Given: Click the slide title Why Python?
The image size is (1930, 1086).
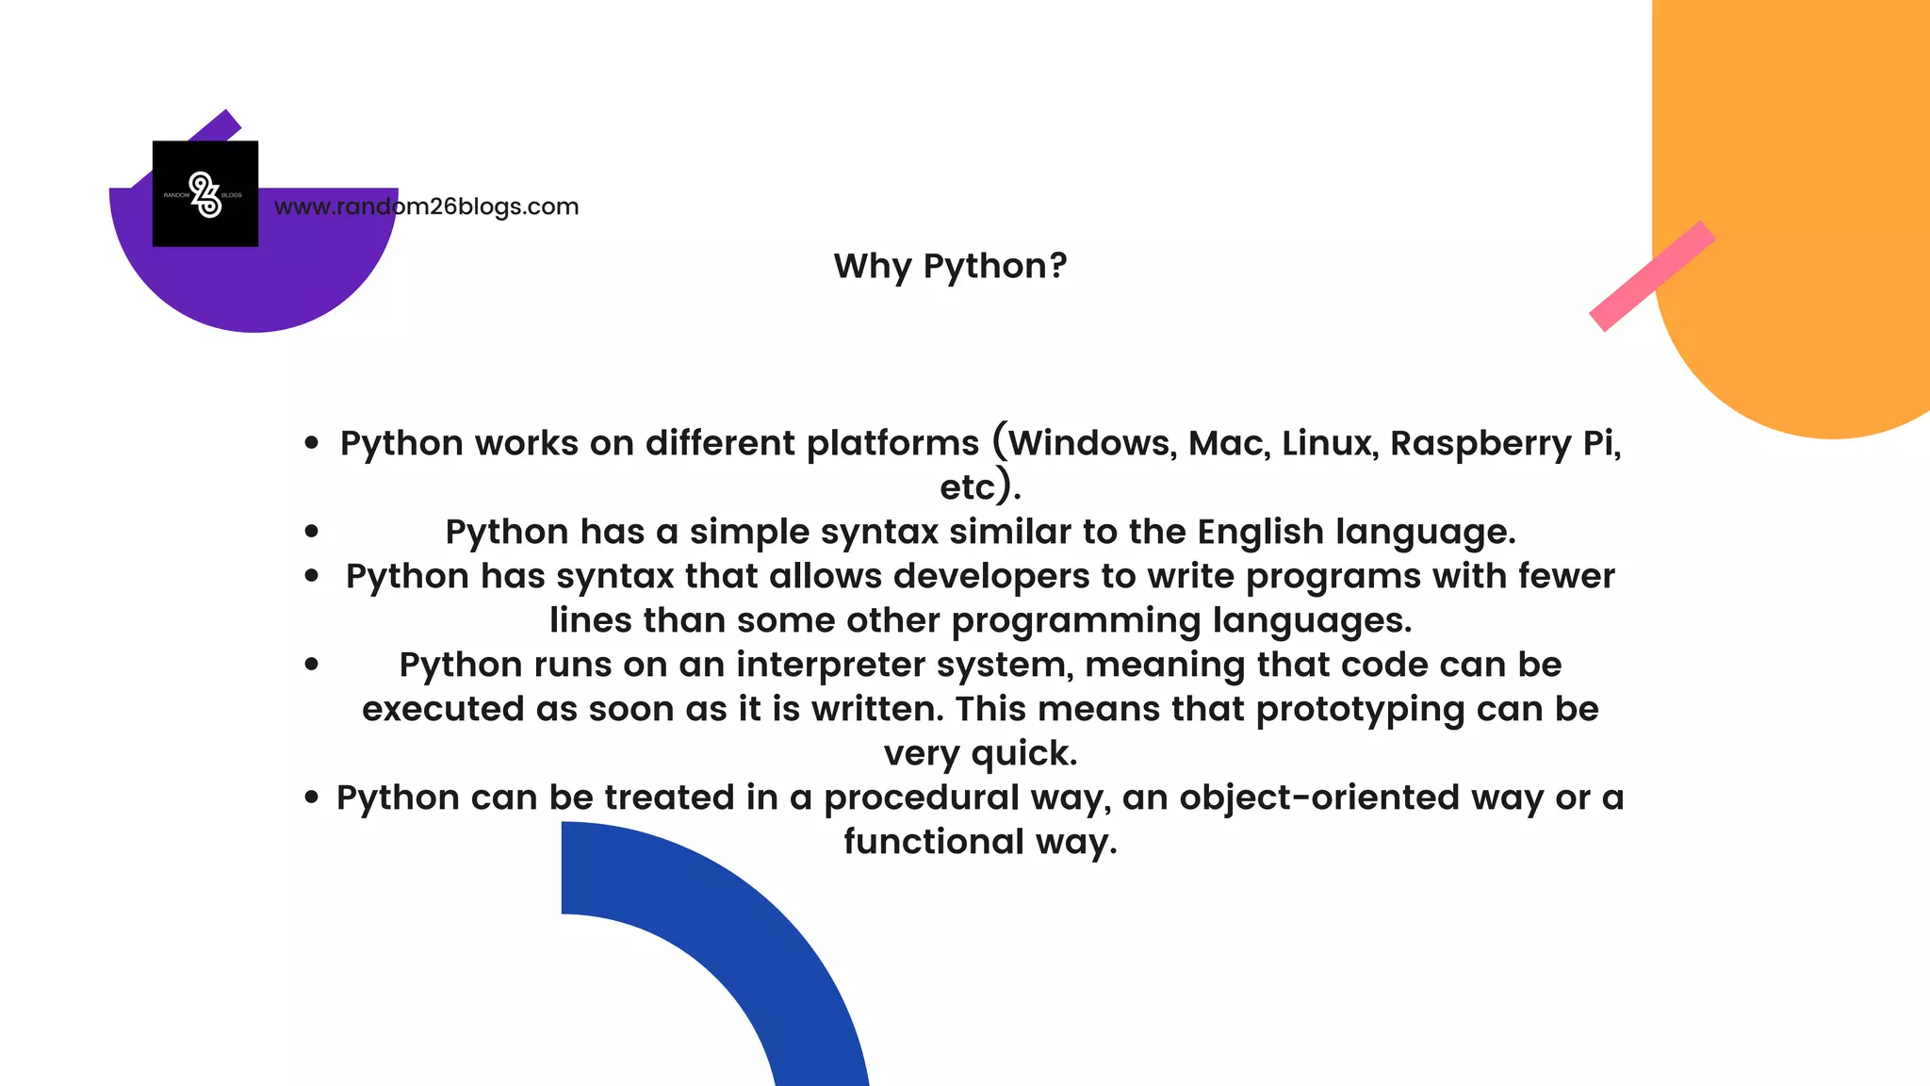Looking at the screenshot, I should [x=950, y=266].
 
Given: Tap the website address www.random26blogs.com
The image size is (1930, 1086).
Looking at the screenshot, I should [x=426, y=206].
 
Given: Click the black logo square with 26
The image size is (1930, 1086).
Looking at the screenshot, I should [x=205, y=194].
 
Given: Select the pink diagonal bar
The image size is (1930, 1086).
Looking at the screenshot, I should [x=1651, y=276].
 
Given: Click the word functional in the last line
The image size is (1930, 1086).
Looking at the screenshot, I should [x=933, y=842].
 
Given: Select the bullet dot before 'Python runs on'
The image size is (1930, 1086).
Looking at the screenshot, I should [x=312, y=665].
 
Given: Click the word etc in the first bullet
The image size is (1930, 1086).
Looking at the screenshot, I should [x=967, y=487].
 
